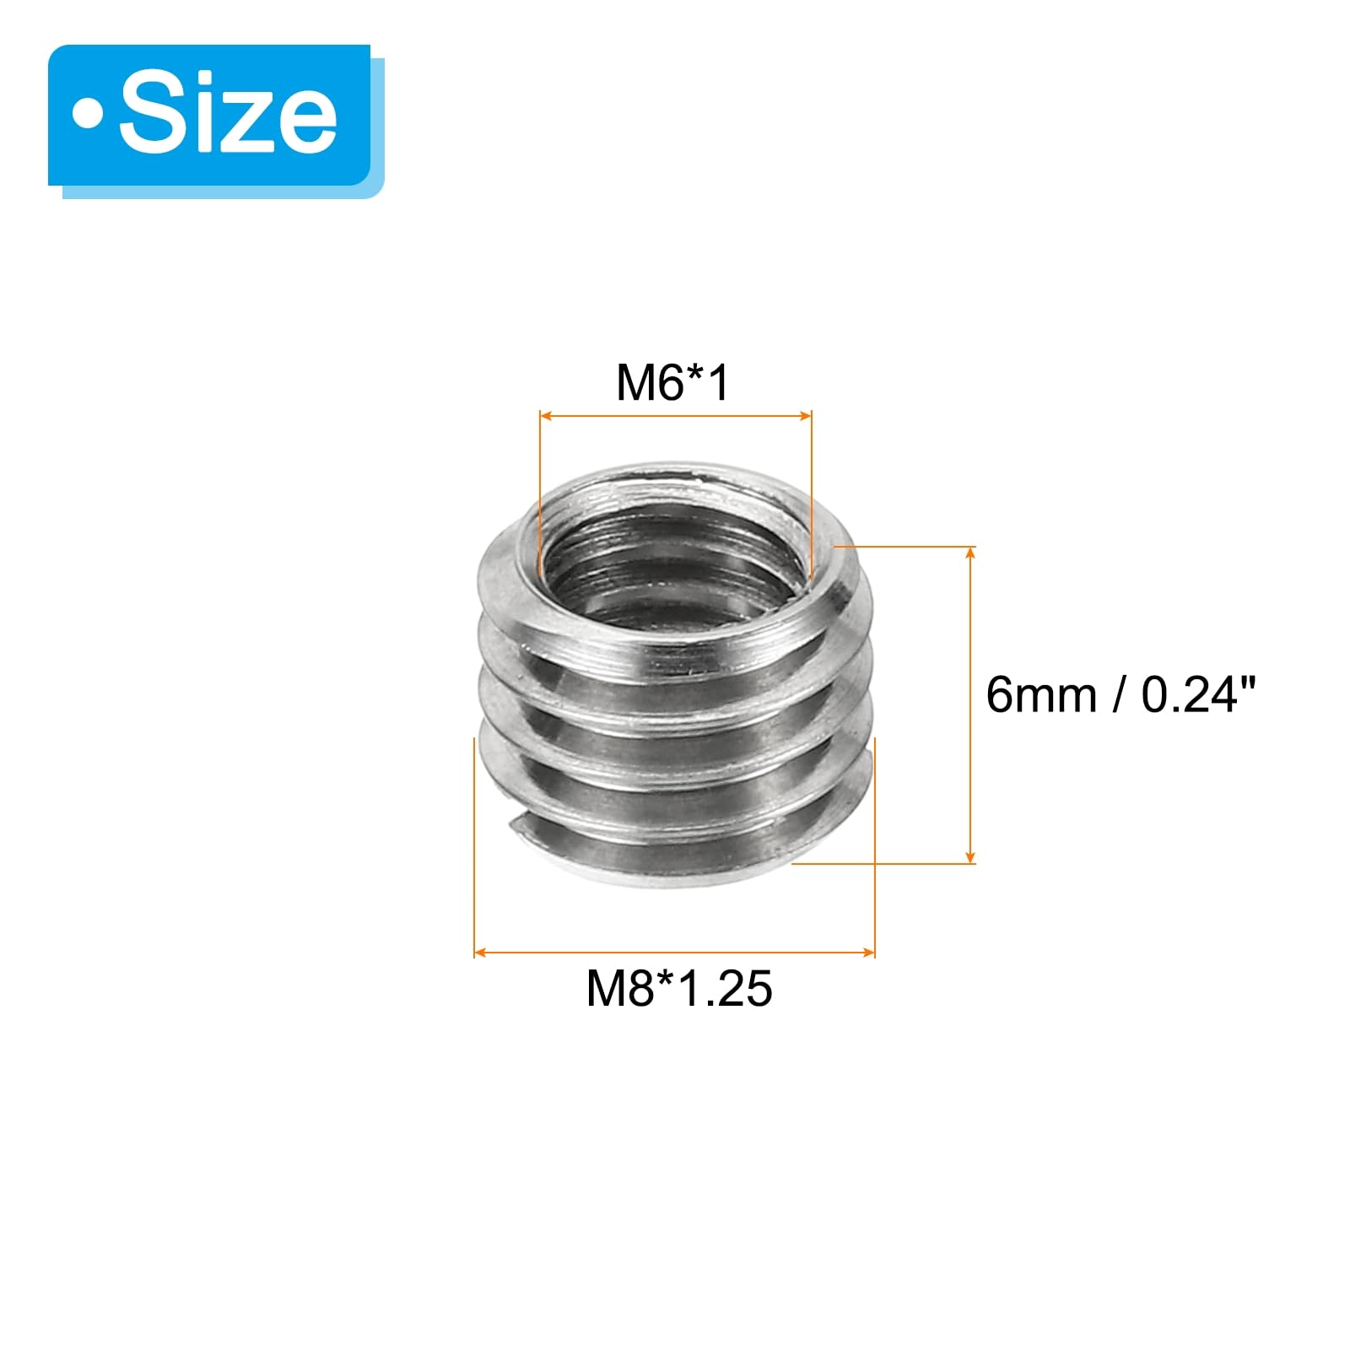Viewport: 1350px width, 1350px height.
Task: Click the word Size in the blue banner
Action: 228,114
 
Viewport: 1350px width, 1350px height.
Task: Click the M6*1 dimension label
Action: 672,382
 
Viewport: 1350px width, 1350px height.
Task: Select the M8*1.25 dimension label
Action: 679,988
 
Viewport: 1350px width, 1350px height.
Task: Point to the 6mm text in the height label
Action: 1041,695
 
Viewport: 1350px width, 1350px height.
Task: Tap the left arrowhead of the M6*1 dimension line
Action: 545,415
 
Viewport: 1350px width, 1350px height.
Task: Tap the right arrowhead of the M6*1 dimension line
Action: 806,415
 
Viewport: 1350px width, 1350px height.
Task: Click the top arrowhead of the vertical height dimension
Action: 970,552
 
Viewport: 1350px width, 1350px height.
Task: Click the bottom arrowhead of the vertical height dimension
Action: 970,857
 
